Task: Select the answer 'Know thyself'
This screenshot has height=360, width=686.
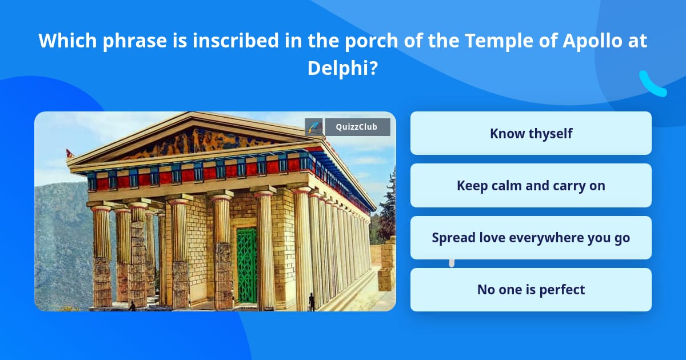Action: (x=531, y=133)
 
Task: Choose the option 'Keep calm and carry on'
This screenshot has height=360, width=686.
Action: (x=531, y=186)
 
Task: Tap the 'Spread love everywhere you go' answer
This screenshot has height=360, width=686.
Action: (x=531, y=238)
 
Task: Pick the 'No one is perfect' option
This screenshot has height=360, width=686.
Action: (x=531, y=290)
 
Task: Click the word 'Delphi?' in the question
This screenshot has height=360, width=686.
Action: (x=342, y=68)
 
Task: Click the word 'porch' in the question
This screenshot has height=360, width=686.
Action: (x=372, y=41)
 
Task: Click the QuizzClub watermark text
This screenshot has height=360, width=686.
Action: (x=357, y=127)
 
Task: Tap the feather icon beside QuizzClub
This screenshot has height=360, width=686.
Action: (x=314, y=127)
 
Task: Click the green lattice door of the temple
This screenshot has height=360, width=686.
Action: (x=247, y=265)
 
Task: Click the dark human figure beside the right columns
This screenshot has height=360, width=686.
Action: (x=312, y=302)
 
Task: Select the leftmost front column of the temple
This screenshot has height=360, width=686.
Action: (x=101, y=257)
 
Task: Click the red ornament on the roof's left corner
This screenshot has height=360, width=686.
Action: (x=70, y=153)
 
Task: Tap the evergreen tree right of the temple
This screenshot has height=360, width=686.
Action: (x=388, y=207)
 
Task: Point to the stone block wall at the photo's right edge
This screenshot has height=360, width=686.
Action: (x=387, y=264)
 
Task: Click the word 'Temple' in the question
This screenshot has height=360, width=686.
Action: (x=499, y=41)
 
